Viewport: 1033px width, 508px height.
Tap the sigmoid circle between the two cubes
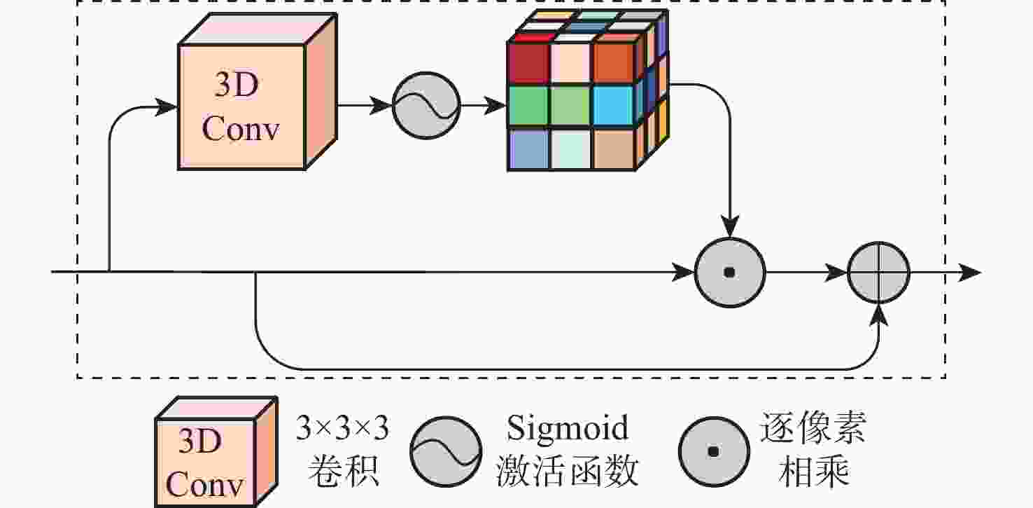426,106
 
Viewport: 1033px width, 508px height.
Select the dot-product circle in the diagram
729,273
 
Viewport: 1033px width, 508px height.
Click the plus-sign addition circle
879,273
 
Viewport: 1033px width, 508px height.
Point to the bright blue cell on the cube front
614,106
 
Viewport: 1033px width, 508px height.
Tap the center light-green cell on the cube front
570,106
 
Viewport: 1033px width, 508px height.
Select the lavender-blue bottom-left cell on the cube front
528,149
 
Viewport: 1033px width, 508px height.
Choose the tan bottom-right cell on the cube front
614,149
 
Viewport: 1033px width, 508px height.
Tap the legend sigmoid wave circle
446,452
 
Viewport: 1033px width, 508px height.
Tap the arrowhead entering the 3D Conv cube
167,107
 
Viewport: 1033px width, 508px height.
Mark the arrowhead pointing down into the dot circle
729,228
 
